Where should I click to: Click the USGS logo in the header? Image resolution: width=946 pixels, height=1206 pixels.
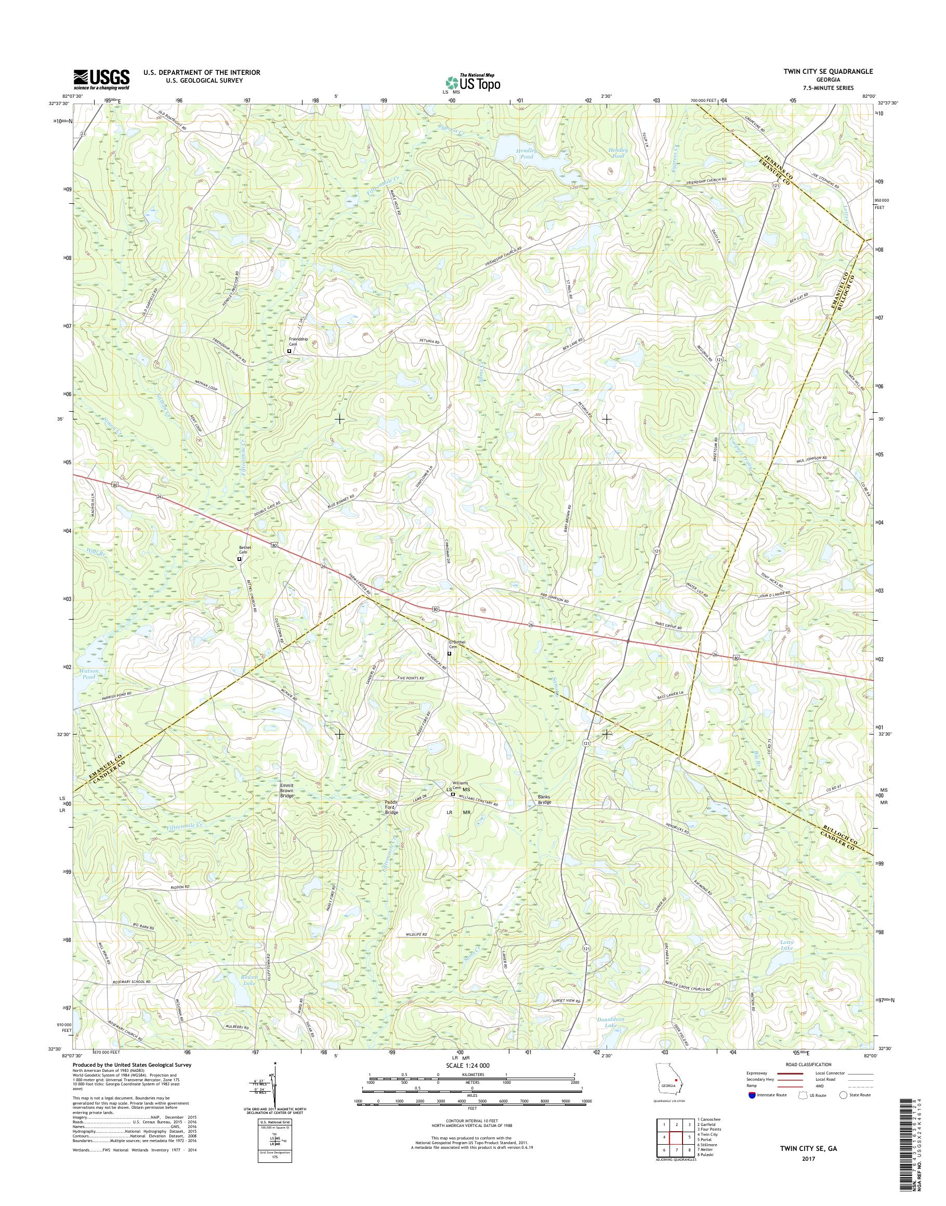[102, 80]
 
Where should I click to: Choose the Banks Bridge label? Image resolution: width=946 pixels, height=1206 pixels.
[532, 799]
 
